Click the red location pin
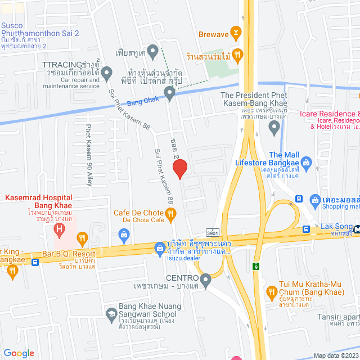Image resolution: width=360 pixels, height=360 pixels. [x=179, y=168]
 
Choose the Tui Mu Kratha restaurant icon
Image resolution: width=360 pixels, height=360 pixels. [x=272, y=292]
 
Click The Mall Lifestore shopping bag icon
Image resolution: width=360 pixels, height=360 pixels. [x=307, y=164]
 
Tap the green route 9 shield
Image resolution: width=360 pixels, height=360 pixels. [x=256, y=265]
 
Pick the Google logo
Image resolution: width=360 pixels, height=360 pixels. [x=19, y=353]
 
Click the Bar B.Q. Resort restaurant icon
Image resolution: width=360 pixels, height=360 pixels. [x=83, y=238]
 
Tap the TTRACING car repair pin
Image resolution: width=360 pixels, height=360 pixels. [x=107, y=73]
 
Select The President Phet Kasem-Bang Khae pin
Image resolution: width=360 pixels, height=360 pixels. [x=274, y=129]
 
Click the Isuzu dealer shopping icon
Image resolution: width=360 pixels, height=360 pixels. [x=160, y=246]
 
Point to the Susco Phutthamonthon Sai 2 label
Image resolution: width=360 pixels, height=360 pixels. [x=39, y=29]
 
